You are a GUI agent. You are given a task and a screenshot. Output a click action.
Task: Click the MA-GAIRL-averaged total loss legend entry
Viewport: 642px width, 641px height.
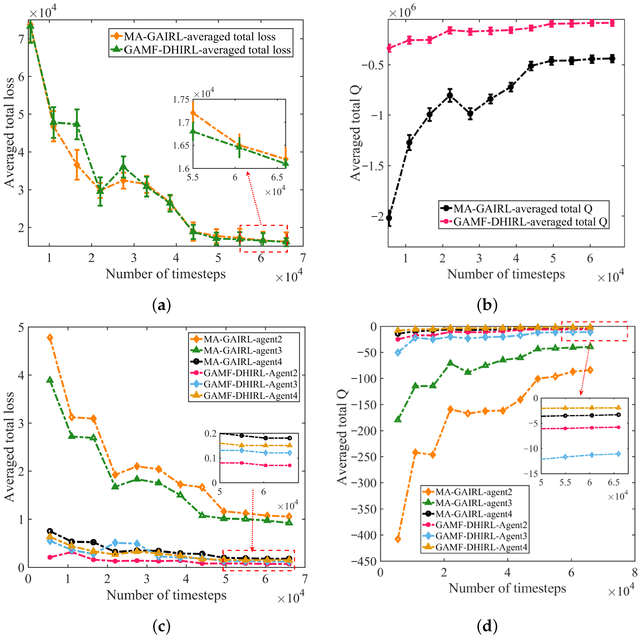[x=199, y=36]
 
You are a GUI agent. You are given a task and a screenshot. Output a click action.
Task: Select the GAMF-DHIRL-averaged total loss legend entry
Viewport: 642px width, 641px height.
[x=207, y=50]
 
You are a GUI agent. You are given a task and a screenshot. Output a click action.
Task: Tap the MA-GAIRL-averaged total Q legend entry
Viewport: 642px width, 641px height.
[x=523, y=209]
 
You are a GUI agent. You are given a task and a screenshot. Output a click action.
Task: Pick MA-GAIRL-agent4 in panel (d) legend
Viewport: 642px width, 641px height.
[x=474, y=514]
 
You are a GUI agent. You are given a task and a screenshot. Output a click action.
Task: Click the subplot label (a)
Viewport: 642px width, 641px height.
[x=162, y=305]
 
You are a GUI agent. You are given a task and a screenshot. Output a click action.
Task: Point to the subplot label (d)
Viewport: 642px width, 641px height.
[x=487, y=626]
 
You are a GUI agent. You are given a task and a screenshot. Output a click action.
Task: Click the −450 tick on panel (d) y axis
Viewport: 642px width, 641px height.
[x=364, y=561]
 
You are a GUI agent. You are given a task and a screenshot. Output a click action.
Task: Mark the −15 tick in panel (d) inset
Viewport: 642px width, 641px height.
[x=530, y=474]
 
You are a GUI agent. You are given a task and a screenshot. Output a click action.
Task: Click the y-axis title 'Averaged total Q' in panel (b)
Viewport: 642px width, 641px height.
[x=356, y=133]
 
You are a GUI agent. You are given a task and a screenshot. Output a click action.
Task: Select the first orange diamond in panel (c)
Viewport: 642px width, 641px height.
[x=50, y=338]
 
